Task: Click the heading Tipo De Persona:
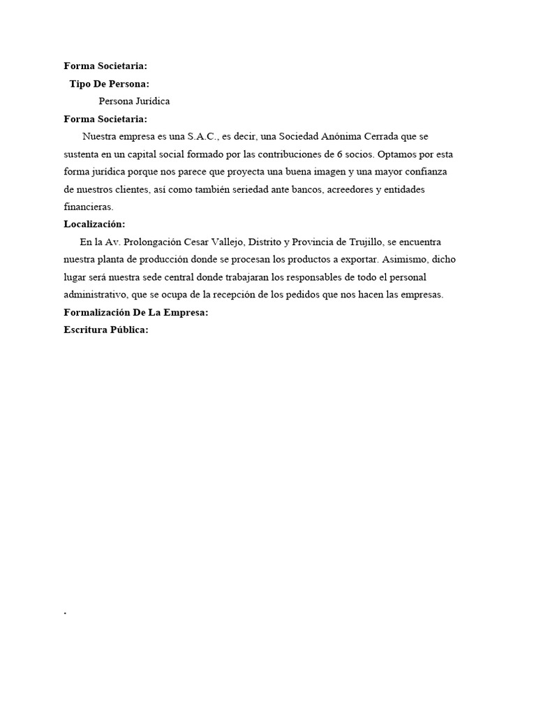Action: (109, 84)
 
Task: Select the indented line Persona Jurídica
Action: (134, 101)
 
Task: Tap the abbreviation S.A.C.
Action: (202, 136)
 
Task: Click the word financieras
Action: (88, 207)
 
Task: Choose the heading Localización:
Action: (94, 224)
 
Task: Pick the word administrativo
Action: (96, 295)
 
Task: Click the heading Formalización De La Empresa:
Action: (135, 312)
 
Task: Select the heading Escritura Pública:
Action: (105, 330)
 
